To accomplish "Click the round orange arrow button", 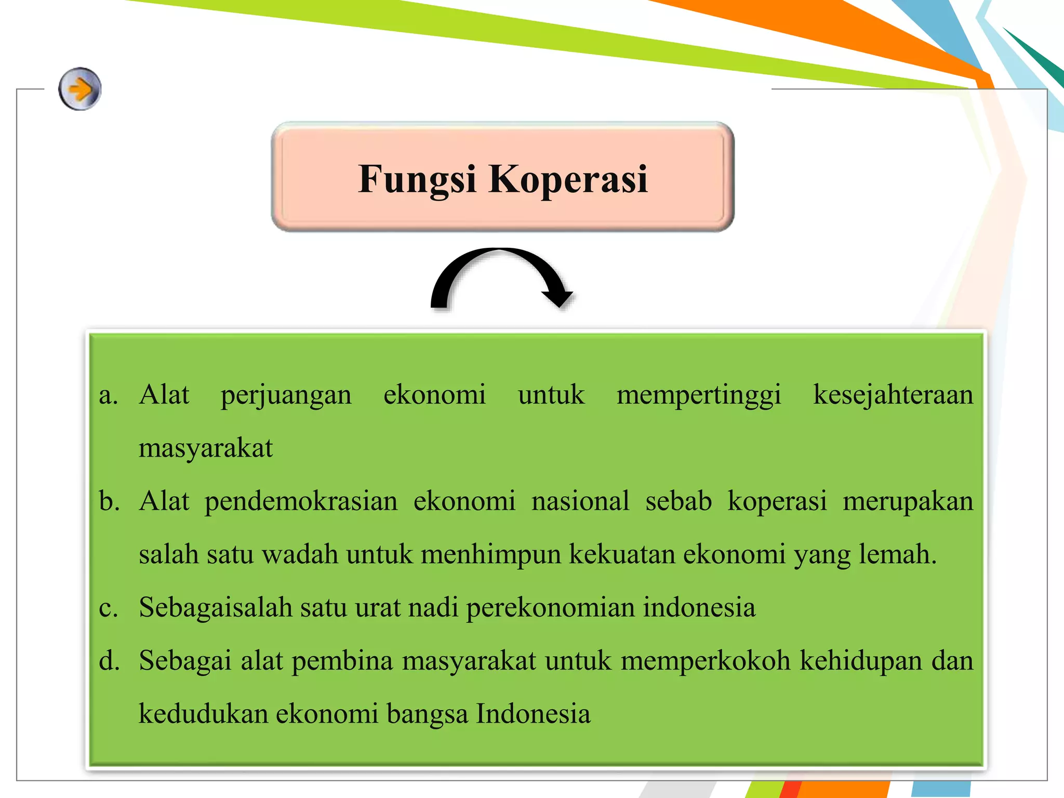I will (x=79, y=89).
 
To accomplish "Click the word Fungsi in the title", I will (x=417, y=179).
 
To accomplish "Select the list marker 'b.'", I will (x=109, y=501).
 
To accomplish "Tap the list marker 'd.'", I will (x=109, y=661).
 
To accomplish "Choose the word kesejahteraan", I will (x=893, y=395).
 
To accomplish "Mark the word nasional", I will (x=580, y=501).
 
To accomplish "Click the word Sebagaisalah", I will (x=216, y=608).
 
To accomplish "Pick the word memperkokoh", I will (x=706, y=661).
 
